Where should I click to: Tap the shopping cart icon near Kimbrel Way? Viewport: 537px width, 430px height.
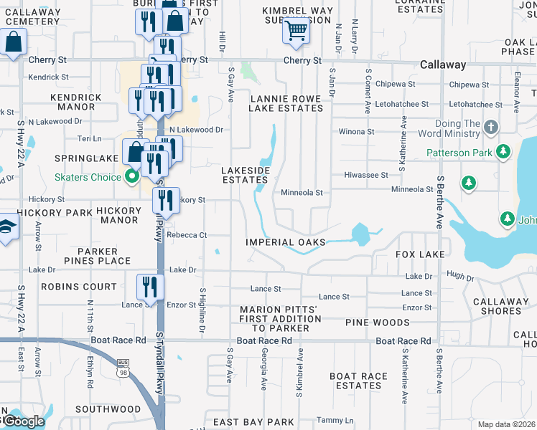pos(296,30)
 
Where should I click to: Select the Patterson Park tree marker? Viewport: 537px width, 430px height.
pos(503,153)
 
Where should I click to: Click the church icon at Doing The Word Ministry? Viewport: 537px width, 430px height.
pos(490,128)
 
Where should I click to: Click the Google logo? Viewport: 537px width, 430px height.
pos(22,421)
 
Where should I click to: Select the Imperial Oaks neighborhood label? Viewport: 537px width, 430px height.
pos(286,243)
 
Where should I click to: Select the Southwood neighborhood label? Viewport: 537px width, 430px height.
pos(108,409)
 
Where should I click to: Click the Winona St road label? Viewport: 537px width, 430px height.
pos(356,132)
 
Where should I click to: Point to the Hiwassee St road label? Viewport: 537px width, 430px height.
pos(365,175)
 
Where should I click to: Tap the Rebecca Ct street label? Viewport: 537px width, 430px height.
pos(187,235)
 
